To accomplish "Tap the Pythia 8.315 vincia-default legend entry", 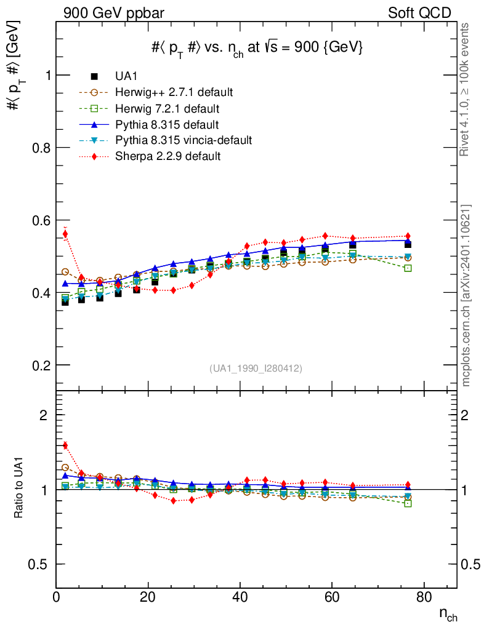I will coord(184,140).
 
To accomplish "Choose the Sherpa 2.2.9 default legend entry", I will coord(167,156).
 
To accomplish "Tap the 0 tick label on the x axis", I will coord(57,597).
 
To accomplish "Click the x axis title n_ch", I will coord(448,614).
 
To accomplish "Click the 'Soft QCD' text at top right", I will coord(419,13).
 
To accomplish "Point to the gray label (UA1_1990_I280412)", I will coord(256,369).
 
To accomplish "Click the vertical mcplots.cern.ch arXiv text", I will coord(466,295).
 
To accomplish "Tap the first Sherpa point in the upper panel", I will coord(65,234).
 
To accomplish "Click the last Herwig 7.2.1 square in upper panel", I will coord(408,268).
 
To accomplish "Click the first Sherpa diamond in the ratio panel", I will coord(65,445).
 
